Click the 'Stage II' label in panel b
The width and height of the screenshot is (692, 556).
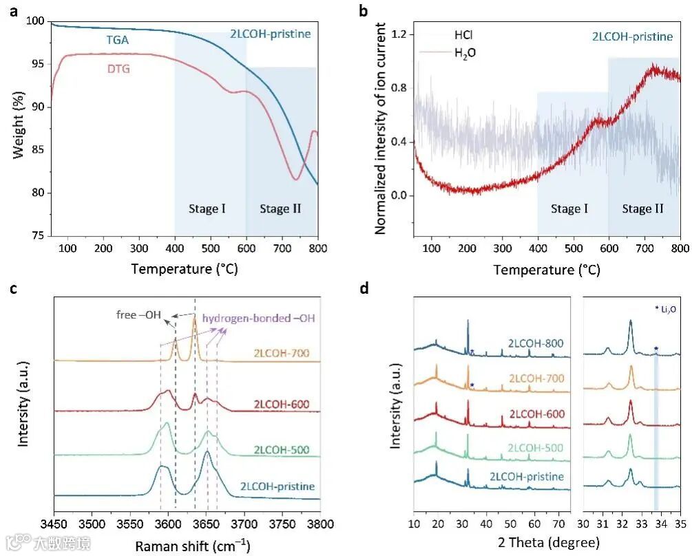[x=642, y=208]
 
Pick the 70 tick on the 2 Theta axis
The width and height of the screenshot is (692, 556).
[x=561, y=524]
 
